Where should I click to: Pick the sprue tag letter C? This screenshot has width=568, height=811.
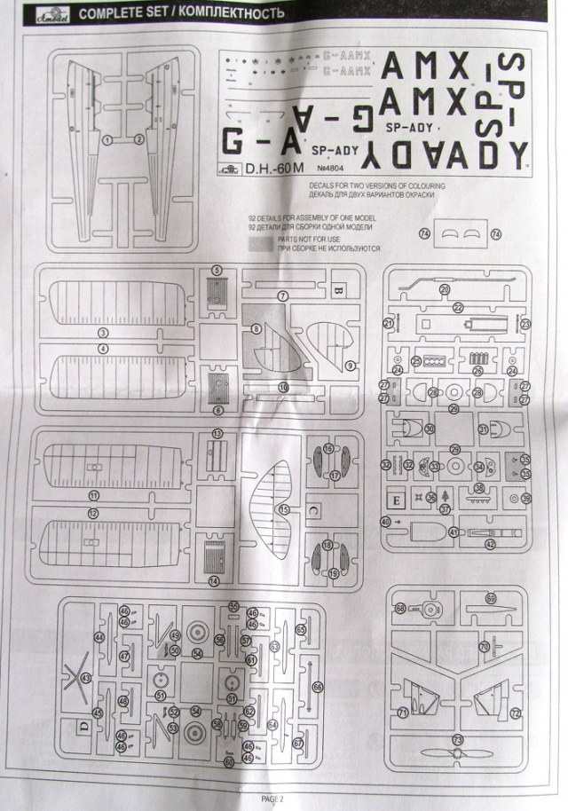coord(339,511)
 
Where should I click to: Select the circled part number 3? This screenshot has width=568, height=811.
coord(103,332)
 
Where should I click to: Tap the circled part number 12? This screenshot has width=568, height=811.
coord(92,513)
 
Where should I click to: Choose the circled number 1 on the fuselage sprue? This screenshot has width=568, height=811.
coord(107,140)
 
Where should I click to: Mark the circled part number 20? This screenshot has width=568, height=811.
coord(445,288)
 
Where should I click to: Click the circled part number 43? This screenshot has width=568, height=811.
coord(86,678)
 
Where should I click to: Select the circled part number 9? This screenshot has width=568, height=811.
coord(350,365)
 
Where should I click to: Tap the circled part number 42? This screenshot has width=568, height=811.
coord(491,543)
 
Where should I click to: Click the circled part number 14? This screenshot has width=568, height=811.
coord(214,580)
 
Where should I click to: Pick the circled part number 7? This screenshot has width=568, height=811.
coord(283,295)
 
